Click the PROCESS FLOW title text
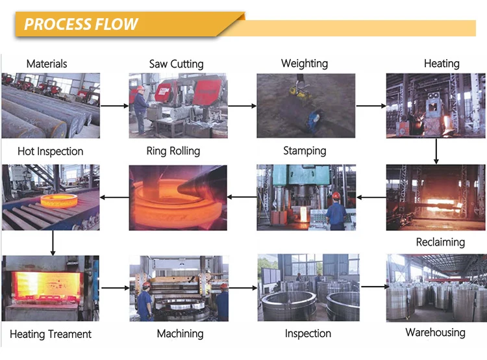pos(81,25)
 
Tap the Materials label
pos(47,64)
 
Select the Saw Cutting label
pos(176,64)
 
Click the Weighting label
pos(304,64)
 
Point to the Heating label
pos(442,64)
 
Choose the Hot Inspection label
pos(51,151)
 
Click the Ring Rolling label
pos(173,151)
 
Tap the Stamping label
pos(305,151)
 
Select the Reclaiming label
pos(440,242)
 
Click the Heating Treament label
pos(51,334)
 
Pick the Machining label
pos(180,334)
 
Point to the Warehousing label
pos(435,333)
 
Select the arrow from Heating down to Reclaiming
pos(436,151)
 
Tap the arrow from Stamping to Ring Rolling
pos(242,196)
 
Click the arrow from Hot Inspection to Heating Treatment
pos(53,244)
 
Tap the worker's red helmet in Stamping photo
pos(336,194)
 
